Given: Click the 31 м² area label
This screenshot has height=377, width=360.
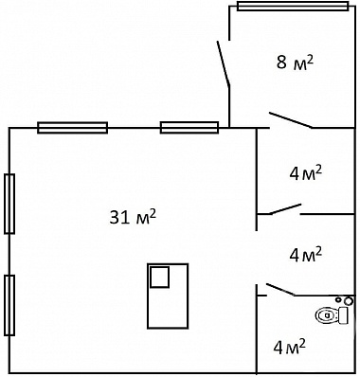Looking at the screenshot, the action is click(x=133, y=217).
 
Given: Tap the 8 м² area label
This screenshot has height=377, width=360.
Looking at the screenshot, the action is click(x=295, y=62).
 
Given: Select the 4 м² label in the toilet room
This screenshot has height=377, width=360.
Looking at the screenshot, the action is click(x=290, y=347).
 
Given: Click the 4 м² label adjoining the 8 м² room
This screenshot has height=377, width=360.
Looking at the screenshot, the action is click(x=306, y=173).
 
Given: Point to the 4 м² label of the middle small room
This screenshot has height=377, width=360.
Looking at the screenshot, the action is click(x=306, y=254).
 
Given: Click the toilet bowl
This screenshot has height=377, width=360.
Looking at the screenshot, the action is click(x=327, y=315).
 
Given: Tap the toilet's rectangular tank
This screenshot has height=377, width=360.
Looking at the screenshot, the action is click(x=343, y=315).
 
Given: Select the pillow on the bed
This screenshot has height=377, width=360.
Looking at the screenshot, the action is click(x=159, y=277).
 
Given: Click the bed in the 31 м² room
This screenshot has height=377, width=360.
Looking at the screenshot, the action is click(x=168, y=296).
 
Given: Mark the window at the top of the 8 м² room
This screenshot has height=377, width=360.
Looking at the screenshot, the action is click(x=293, y=6).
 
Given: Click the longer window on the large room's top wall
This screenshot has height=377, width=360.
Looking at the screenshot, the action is click(x=73, y=128).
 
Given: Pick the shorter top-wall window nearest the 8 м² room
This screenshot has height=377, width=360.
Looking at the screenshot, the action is click(x=189, y=128).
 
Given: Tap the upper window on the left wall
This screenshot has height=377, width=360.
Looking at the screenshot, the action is click(x=9, y=204).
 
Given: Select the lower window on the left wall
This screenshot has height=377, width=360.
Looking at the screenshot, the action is click(x=9, y=305).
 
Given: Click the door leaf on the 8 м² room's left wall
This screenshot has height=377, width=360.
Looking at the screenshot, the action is click(x=224, y=63).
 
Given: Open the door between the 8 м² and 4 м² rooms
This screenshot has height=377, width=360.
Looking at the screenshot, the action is click(x=291, y=120).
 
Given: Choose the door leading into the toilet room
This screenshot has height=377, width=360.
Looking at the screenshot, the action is click(x=280, y=290).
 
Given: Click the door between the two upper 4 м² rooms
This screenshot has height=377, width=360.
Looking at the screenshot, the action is click(x=285, y=209).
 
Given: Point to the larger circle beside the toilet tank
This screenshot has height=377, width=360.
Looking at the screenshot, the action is click(x=349, y=301).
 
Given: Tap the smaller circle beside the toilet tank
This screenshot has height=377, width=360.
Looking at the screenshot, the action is click(x=338, y=299).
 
